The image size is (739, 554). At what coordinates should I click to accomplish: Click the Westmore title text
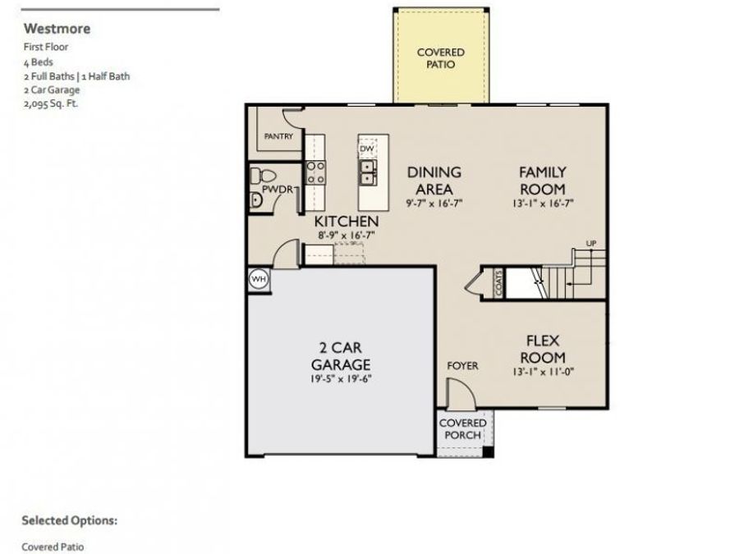pos(56,29)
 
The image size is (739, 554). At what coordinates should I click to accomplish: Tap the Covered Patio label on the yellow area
pos(440,58)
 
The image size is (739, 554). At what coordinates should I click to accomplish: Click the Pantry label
pos(278,136)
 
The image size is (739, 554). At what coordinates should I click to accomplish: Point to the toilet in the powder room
pos(262,175)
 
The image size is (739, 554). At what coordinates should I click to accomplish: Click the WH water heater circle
pos(259,279)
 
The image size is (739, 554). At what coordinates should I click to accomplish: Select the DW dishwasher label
pos(367,149)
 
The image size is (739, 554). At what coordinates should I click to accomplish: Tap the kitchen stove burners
pos(315,172)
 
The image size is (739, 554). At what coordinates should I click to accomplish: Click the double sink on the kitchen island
pos(367,172)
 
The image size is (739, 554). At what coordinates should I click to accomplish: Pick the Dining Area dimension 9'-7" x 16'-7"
pos(434,204)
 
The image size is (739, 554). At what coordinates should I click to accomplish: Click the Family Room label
pos(542,181)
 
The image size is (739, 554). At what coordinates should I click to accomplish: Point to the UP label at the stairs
pos(590,243)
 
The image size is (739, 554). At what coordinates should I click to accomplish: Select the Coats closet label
pos(498,283)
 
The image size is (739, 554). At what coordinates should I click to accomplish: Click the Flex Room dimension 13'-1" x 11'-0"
pos(542,371)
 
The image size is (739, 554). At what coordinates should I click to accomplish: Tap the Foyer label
pos(462,365)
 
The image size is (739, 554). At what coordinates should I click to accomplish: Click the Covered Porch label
pos(463,428)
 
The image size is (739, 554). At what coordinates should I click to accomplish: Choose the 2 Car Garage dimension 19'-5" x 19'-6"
pos(341,379)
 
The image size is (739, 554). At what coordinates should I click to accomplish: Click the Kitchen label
pos(347,222)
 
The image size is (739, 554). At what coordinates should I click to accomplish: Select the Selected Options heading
pos(69,520)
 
